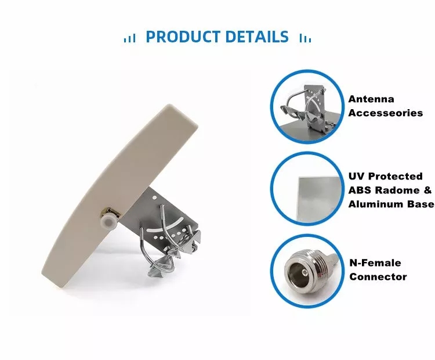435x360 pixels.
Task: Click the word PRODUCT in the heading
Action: click(183, 37)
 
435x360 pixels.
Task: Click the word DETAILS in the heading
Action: click(256, 37)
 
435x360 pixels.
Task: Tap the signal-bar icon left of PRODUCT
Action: click(130, 38)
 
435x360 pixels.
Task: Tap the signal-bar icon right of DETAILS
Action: click(305, 38)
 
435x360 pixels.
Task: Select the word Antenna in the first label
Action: click(371, 99)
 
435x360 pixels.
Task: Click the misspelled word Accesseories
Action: click(386, 113)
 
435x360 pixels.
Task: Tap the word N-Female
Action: click(375, 263)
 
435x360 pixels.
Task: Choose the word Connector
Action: click(378, 276)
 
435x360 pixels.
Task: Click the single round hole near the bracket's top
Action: click(154, 197)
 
